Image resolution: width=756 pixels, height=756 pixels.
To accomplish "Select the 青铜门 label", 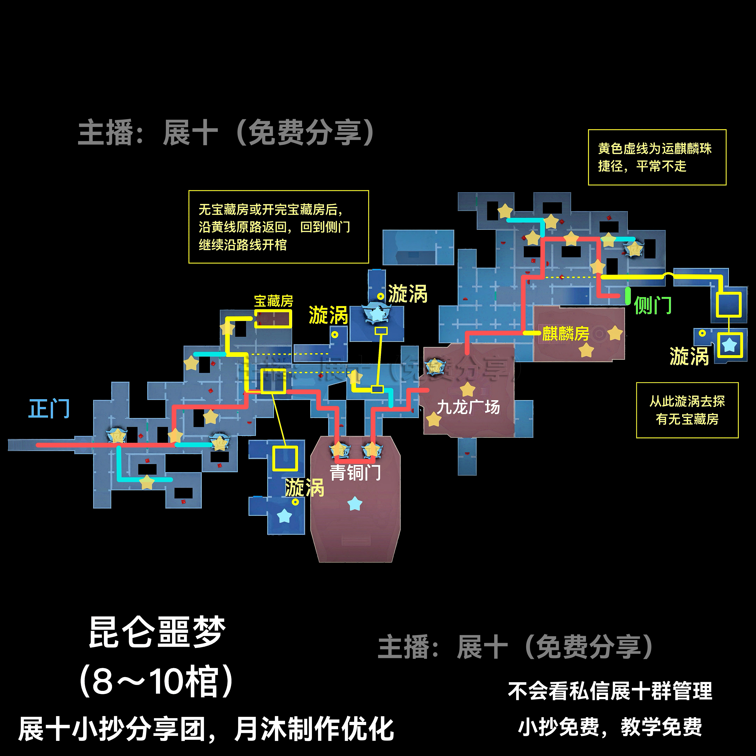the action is point(355,473).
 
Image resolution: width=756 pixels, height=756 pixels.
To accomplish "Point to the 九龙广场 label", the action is point(468,407).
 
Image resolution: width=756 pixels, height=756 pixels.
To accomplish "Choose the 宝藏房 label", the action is point(274,301).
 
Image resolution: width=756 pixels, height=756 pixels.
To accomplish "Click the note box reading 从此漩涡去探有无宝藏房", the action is point(687,410).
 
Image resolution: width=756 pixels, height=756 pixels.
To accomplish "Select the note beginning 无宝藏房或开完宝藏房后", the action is point(279,227).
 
